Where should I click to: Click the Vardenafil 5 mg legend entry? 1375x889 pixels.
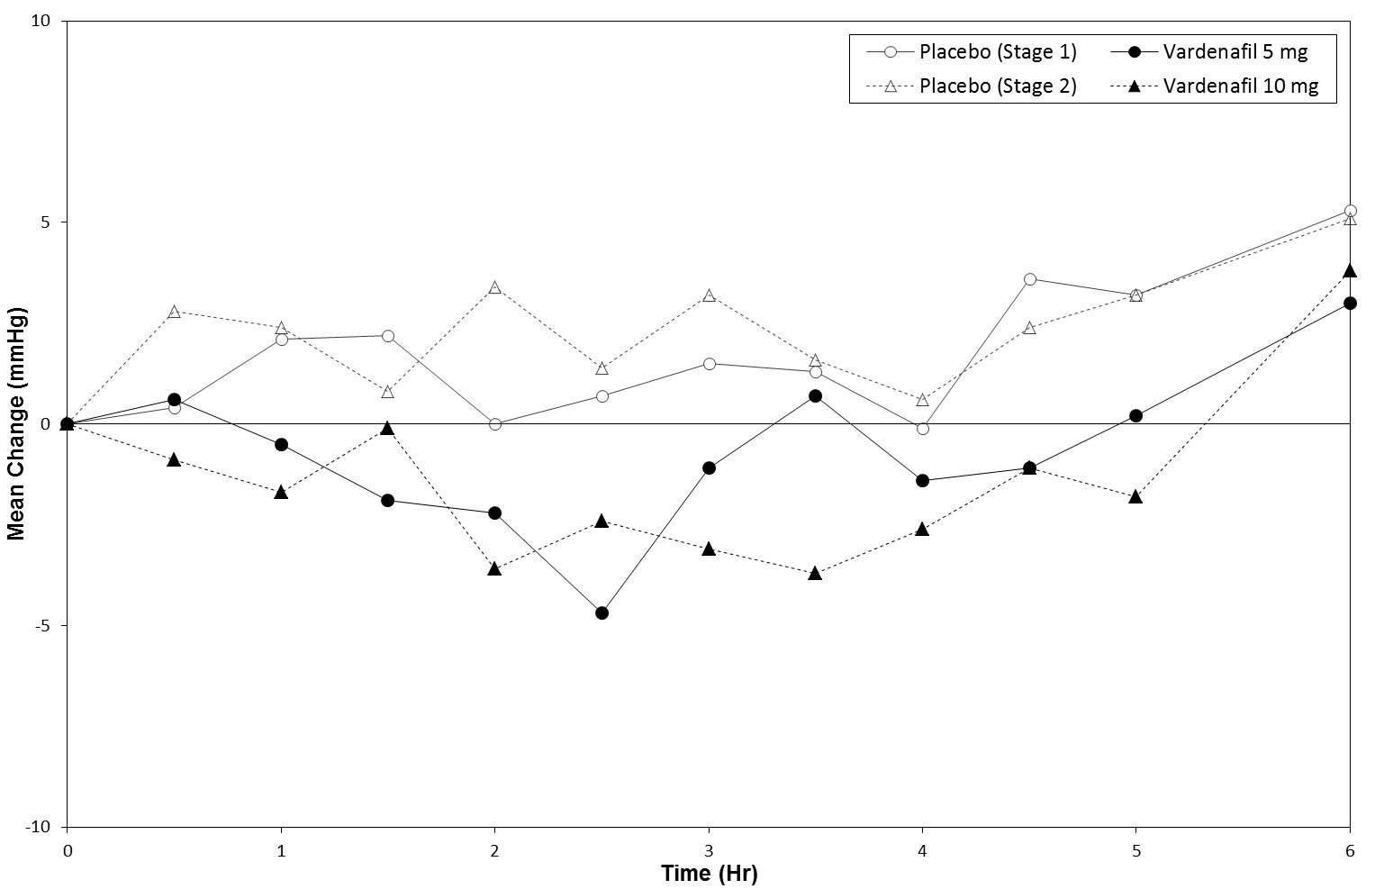(1235, 51)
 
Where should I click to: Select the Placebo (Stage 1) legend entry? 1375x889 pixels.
(997, 51)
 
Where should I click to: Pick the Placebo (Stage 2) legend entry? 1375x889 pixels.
(997, 87)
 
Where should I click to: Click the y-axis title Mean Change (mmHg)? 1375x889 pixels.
(15, 423)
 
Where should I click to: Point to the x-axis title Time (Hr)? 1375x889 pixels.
(709, 873)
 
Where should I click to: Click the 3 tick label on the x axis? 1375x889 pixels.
(709, 848)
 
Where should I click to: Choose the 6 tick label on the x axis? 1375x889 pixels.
(1350, 848)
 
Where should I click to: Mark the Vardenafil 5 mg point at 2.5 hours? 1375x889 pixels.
(602, 612)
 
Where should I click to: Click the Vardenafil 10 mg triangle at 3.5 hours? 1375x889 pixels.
(815, 573)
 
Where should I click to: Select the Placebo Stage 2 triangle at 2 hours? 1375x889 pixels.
(494, 287)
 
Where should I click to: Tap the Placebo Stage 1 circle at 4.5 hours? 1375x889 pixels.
(1029, 279)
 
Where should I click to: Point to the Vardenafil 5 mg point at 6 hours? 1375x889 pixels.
(1350, 303)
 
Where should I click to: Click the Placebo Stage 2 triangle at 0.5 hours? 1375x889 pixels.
(174, 312)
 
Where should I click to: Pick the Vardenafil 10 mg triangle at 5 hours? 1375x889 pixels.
(1135, 496)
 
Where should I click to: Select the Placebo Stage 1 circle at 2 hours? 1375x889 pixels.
(494, 423)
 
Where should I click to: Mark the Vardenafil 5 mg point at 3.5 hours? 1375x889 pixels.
(815, 395)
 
